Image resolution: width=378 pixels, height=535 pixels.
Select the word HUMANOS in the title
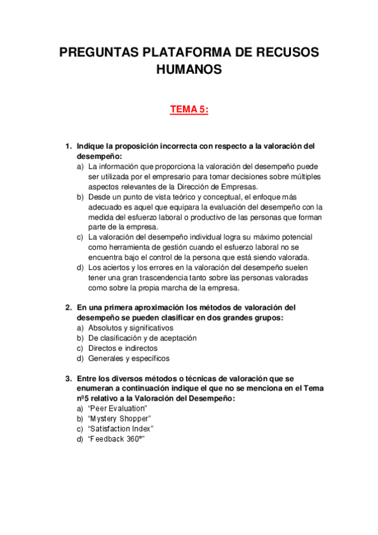189,70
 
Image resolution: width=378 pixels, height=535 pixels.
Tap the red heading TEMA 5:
189,110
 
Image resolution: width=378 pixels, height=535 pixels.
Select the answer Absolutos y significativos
131,328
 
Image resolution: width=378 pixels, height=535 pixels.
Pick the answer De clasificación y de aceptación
143,338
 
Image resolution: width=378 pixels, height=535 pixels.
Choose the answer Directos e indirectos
123,348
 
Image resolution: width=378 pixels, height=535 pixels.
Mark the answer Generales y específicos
129,358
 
